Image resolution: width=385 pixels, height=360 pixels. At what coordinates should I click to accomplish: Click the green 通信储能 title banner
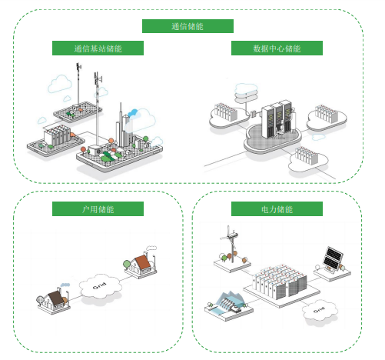[188, 26]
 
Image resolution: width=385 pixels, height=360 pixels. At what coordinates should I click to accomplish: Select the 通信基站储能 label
[98, 48]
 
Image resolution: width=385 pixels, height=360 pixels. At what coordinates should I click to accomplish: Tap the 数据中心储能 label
[277, 48]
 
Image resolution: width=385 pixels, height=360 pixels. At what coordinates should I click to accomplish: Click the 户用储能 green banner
[98, 209]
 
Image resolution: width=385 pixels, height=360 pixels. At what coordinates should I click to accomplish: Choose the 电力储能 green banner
[277, 209]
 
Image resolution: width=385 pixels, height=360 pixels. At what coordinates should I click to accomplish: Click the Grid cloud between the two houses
[100, 286]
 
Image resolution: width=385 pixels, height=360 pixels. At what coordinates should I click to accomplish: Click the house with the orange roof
[141, 265]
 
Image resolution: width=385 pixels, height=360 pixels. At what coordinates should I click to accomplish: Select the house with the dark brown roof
[54, 300]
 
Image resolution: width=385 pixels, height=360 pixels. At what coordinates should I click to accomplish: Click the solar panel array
[333, 258]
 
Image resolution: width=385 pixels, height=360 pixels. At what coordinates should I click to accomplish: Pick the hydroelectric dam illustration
[229, 305]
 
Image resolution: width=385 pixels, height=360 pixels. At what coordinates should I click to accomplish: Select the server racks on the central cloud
[277, 119]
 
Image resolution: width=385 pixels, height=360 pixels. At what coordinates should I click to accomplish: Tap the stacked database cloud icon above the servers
[246, 93]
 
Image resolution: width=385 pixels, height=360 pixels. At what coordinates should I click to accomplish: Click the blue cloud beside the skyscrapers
[133, 113]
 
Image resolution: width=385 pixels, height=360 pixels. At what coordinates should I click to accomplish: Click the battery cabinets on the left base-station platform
[57, 135]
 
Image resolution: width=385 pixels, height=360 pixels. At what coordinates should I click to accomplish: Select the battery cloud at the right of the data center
[327, 118]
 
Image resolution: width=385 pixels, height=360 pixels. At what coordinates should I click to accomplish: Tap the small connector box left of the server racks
[254, 113]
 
